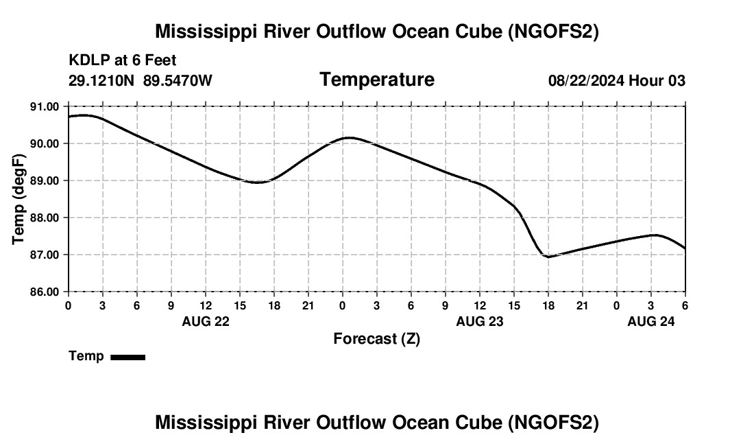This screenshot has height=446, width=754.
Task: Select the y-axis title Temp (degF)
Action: tap(19, 199)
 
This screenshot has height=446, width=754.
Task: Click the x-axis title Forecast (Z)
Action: tap(376, 338)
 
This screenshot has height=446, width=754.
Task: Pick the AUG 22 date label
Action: tap(206, 321)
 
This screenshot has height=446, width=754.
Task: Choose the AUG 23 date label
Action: tap(480, 321)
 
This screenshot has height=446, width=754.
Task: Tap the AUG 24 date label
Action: tap(651, 321)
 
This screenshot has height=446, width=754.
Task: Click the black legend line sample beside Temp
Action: tap(128, 357)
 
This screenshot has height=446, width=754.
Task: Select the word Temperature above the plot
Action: tap(377, 80)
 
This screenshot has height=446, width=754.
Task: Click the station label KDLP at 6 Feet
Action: tap(123, 60)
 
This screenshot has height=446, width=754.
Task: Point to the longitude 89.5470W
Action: tap(178, 80)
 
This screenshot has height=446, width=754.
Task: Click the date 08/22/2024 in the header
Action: tap(586, 80)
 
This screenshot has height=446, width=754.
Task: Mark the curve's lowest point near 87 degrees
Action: tap(548, 257)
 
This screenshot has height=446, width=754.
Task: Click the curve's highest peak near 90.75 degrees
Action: tap(84, 115)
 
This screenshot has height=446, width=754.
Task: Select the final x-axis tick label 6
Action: tap(685, 305)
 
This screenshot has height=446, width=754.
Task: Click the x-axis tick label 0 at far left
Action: tap(69, 305)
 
